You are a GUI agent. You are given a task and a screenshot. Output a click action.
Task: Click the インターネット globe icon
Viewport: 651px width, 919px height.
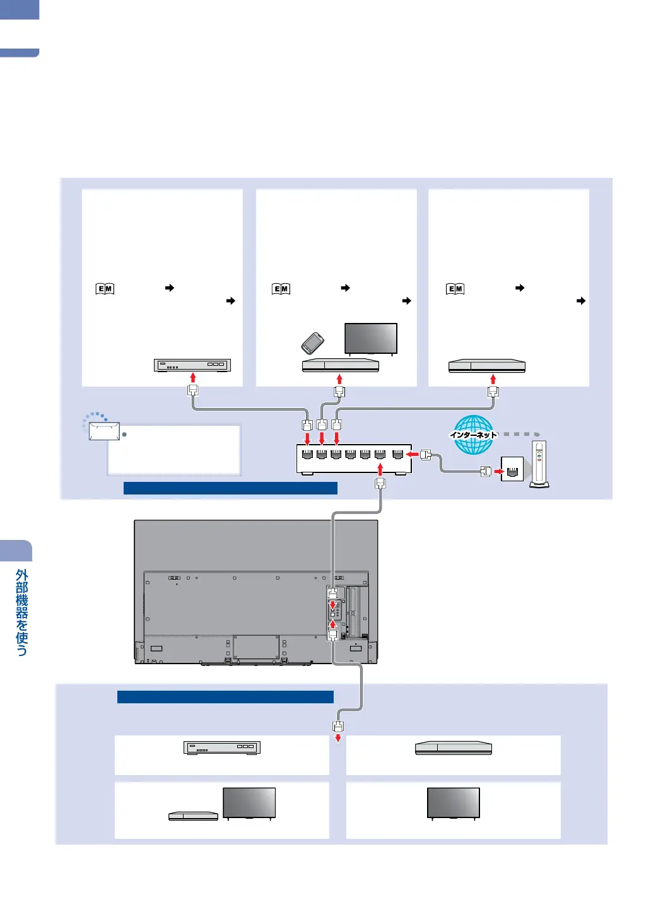coord(473,435)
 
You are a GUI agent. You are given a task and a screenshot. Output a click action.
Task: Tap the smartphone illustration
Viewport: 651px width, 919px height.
coord(312,343)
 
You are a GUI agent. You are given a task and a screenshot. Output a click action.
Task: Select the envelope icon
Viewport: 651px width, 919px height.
coord(104,431)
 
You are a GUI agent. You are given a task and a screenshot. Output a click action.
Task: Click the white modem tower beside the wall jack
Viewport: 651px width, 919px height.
coord(539,464)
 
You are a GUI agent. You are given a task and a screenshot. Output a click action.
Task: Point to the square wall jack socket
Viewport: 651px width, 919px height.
coord(512,469)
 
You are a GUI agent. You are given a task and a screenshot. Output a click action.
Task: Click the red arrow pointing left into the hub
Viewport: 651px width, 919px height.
coord(413,454)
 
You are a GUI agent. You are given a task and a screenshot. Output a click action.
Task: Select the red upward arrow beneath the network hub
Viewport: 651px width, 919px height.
coord(380,468)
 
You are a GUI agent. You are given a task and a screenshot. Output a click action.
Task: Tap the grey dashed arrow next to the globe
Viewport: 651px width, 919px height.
coord(522,435)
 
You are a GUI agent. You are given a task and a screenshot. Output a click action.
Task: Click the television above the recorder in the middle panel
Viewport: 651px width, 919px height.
coord(371,339)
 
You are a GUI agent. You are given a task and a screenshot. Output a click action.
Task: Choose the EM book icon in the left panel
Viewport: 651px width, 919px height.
coord(105,289)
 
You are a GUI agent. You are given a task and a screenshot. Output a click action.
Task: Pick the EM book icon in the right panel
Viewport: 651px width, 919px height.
coord(455,289)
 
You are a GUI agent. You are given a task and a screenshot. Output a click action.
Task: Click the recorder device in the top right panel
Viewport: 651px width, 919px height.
coord(487,366)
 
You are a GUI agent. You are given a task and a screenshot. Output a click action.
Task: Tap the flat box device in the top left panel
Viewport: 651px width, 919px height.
coord(192,365)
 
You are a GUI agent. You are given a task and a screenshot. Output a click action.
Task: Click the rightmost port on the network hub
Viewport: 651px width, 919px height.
coord(397,454)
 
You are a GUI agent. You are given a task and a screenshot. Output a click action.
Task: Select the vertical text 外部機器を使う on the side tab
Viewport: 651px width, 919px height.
coord(22,612)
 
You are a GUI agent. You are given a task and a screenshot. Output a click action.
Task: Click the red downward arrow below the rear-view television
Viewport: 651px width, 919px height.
coord(338,737)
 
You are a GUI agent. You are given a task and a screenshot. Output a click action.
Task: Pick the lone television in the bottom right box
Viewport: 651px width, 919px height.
coord(454,803)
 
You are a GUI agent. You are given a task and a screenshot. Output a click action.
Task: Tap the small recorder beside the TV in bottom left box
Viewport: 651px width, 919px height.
coord(193,816)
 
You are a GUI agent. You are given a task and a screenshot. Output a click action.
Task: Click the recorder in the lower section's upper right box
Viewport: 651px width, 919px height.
coord(453,748)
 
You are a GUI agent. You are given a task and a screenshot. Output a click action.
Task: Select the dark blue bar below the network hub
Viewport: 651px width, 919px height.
coord(230,488)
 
